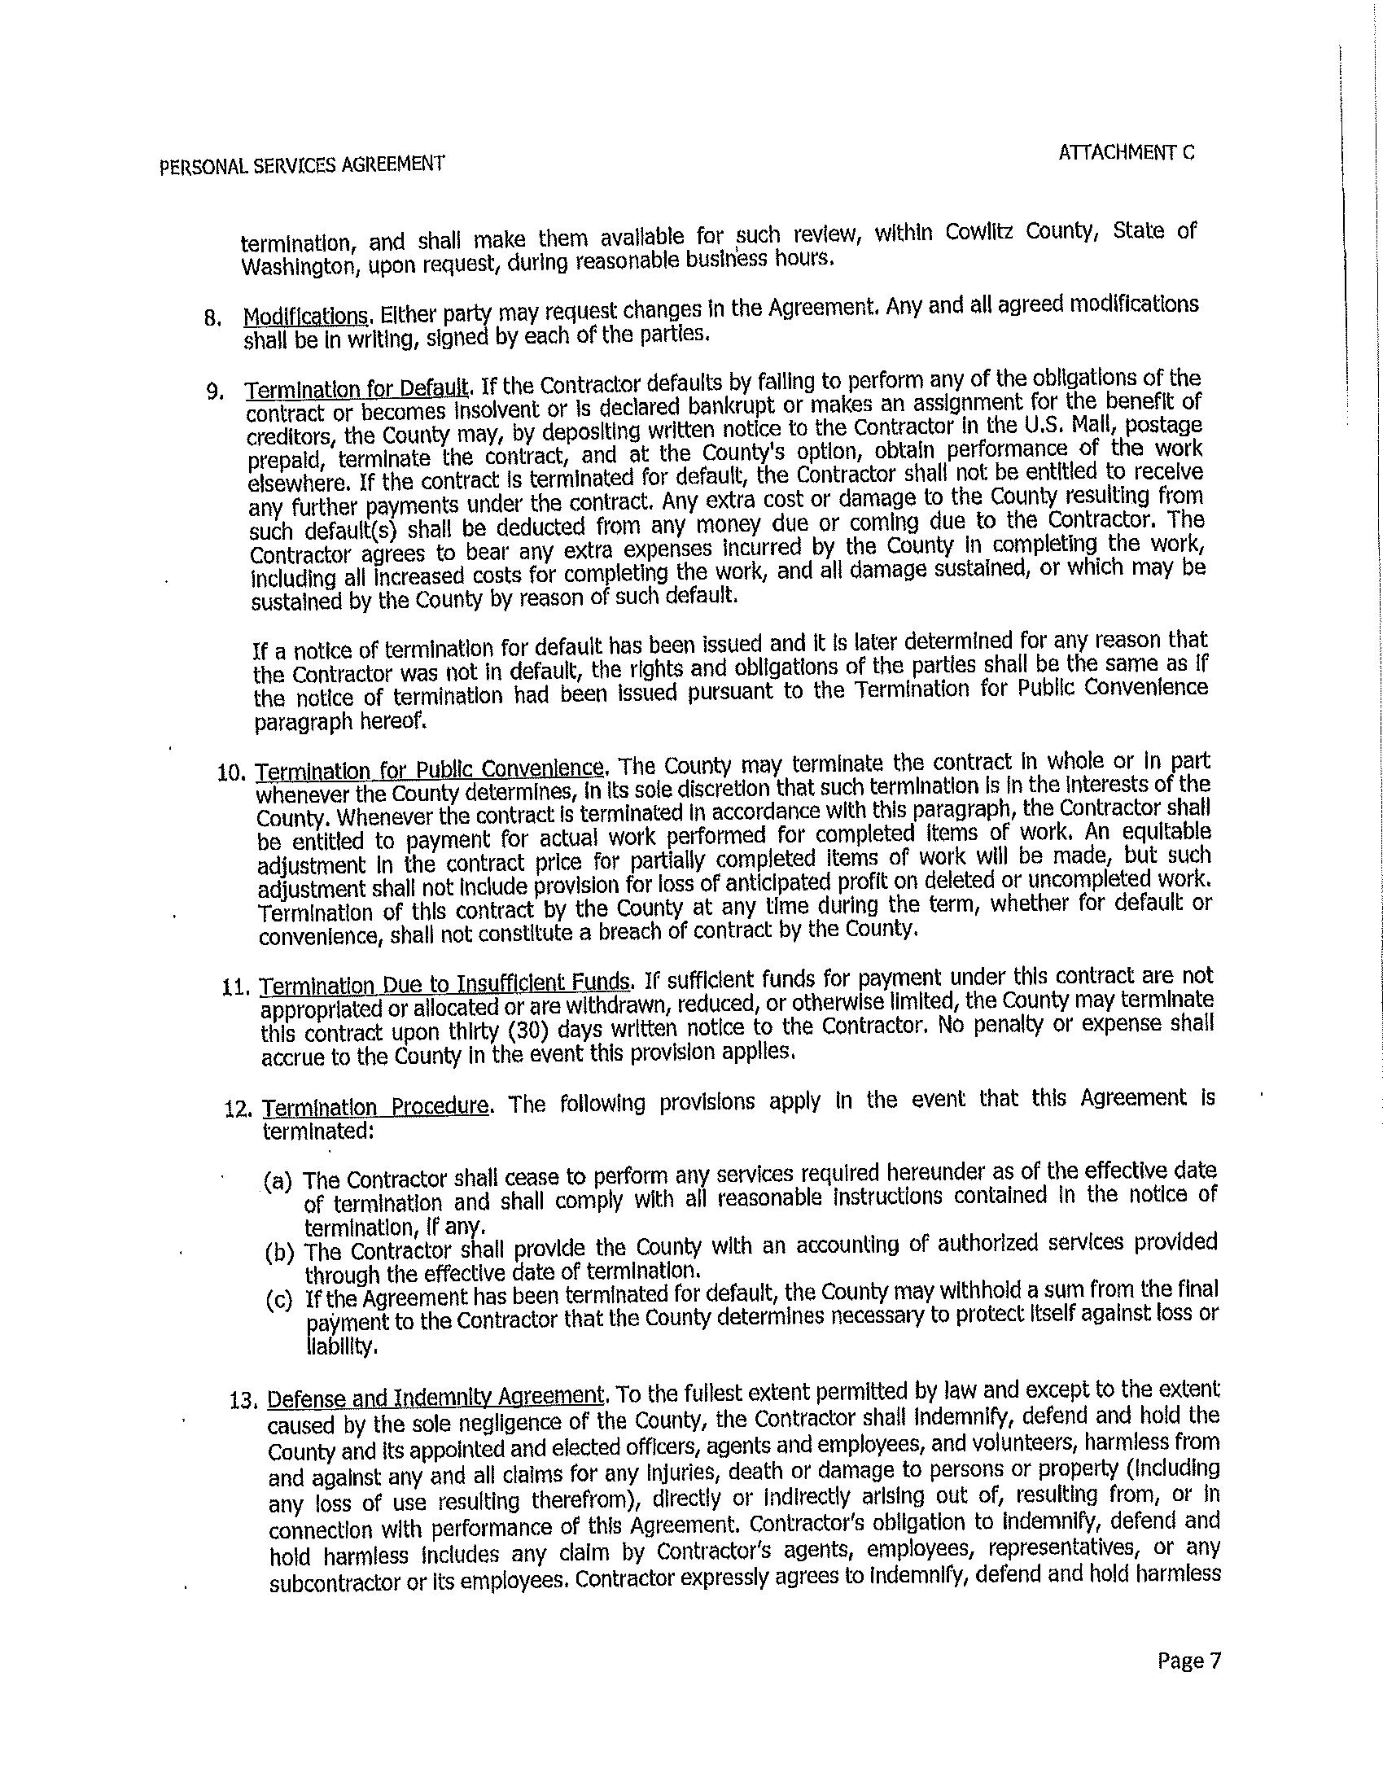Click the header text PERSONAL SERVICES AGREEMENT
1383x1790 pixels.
coord(302,164)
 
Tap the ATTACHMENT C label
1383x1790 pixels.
coord(1127,152)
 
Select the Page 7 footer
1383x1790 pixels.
coord(1188,1661)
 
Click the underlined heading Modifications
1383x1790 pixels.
coord(306,316)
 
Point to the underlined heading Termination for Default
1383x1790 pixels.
coord(358,387)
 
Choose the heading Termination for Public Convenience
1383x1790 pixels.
coord(431,768)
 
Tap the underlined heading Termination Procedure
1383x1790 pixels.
coord(376,1106)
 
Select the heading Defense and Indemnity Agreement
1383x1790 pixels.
coord(436,1395)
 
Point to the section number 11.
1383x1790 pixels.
coord(235,986)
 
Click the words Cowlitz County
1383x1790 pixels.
coord(1021,232)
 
